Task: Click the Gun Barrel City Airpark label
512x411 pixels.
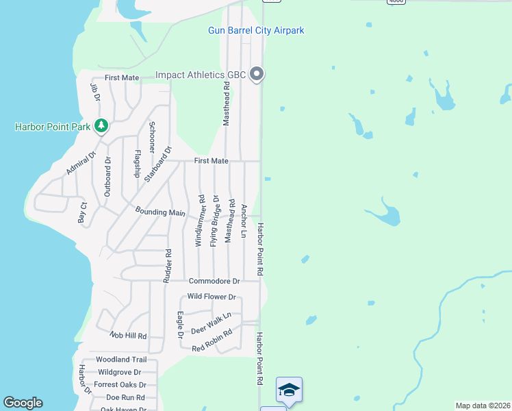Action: [x=256, y=31]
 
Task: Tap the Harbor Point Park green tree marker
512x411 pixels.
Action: [x=101, y=125]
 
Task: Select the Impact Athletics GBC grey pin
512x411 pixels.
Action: [x=257, y=74]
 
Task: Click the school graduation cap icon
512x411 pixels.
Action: [x=289, y=390]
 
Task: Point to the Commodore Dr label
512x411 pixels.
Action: [x=214, y=281]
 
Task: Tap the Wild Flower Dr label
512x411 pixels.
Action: [x=212, y=297]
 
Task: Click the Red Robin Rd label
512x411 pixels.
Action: [x=212, y=340]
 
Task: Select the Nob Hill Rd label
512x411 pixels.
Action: [x=128, y=336]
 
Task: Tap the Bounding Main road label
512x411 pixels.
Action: [x=160, y=212]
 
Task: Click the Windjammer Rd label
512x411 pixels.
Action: [x=201, y=221]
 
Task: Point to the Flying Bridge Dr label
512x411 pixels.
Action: [x=215, y=221]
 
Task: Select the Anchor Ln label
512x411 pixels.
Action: [x=244, y=220]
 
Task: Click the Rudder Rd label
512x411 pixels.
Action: [x=166, y=265]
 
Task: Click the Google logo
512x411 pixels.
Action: [x=23, y=403]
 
